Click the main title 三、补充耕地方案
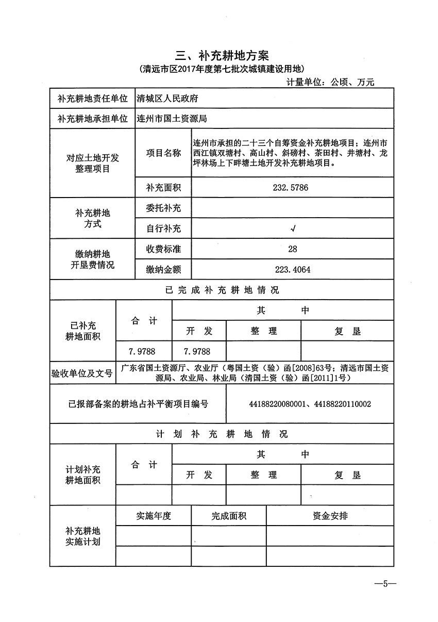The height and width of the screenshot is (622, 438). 222,55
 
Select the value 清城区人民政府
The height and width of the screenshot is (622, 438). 167,98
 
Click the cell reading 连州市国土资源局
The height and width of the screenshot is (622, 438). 172,118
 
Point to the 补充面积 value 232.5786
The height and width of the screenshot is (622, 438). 290,188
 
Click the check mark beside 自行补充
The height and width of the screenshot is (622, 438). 293,228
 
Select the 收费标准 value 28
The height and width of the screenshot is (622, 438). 292,249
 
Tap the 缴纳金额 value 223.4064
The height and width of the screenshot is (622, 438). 293,269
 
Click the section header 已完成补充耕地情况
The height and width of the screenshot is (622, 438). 222,290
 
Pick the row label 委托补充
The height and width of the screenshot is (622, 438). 163,208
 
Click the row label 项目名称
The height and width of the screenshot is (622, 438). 163,153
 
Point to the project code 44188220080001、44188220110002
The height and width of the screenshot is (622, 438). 309,404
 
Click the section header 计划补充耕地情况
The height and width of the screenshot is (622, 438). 222,434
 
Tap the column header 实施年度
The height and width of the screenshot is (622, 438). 153,516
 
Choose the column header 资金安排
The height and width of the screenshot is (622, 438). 330,516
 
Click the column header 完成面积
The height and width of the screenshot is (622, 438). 228,516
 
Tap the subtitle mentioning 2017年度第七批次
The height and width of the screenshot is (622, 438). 222,69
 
